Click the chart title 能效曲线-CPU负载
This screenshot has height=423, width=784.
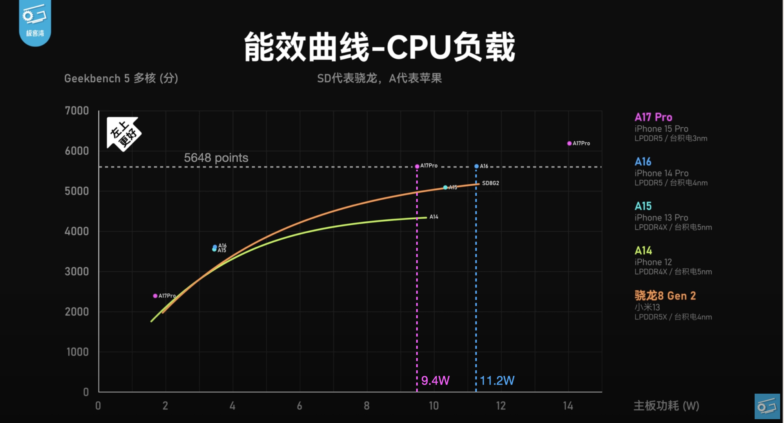[379, 47]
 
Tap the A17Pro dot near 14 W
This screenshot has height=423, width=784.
[569, 143]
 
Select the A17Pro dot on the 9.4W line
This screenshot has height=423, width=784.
[417, 166]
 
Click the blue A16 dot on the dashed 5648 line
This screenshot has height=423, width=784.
[477, 166]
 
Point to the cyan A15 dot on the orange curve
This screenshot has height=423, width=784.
[445, 188]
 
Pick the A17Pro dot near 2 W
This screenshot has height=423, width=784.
[155, 296]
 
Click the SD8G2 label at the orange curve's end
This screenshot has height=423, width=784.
[490, 183]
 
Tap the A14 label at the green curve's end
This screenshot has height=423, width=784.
[434, 217]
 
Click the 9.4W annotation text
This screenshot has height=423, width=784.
[435, 380]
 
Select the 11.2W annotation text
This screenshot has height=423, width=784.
[497, 380]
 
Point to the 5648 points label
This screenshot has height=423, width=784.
[216, 158]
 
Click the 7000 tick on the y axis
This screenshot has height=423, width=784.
[77, 111]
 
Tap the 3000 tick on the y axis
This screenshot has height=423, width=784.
[77, 271]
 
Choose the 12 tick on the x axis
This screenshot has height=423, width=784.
[501, 406]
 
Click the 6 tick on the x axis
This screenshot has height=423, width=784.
[299, 406]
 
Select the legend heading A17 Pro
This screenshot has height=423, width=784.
[653, 117]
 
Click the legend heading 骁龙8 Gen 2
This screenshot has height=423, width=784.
[665, 296]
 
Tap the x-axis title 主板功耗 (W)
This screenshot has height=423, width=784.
[666, 406]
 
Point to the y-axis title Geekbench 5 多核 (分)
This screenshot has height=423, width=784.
[121, 78]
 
